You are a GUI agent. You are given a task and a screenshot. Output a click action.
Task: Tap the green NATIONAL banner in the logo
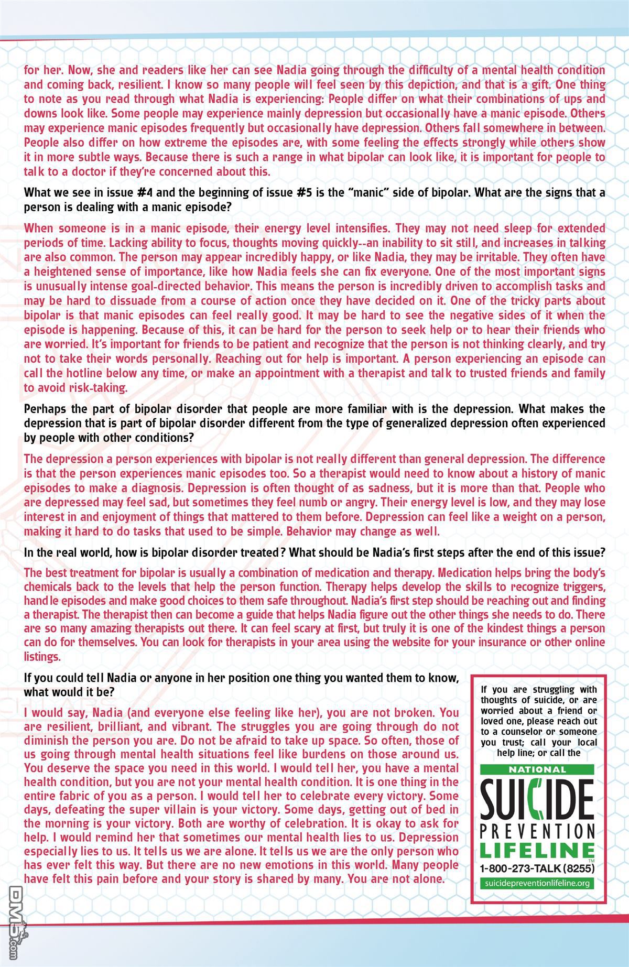coord(538,770)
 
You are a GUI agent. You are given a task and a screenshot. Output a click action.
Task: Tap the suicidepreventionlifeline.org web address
coord(538,883)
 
